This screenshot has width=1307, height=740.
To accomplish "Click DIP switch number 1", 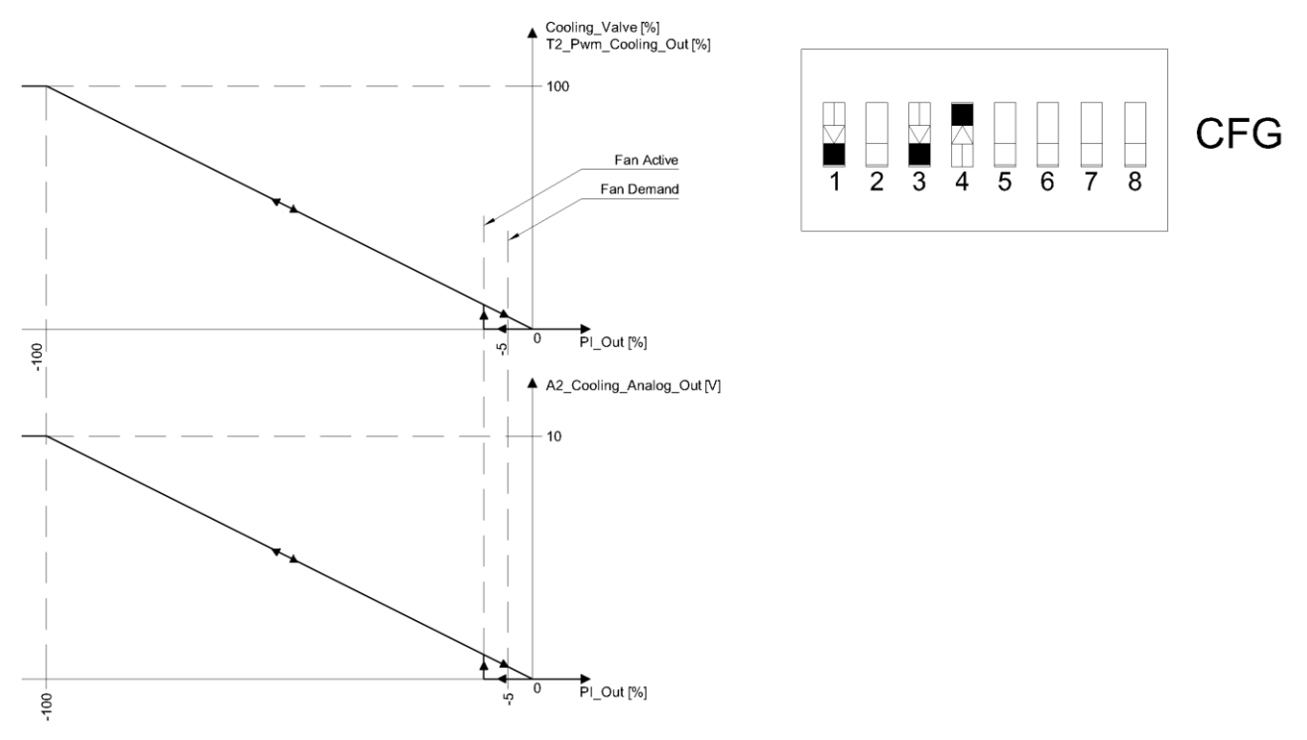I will pos(834,133).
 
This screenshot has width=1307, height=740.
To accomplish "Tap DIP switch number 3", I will pos(919,133).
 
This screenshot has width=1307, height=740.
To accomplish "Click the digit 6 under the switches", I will pos(1047,184).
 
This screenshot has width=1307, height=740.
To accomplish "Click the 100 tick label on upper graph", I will pos(558,87).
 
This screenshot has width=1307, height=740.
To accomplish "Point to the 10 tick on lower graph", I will pos(554,436).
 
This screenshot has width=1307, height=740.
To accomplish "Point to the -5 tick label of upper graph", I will pos(503,348).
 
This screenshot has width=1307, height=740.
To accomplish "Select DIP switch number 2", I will pos(877,133).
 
